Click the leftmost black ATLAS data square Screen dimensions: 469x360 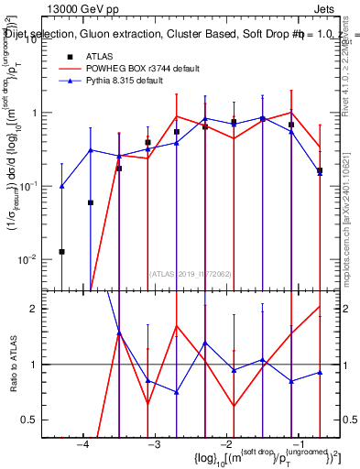tap(61, 251)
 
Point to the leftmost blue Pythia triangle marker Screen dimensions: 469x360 tap(61, 186)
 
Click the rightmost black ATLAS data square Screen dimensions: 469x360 tap(320, 170)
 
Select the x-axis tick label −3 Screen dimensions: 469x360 tap(153, 445)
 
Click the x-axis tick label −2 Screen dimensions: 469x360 tap(224, 445)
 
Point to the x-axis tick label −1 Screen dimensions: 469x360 tap(296, 445)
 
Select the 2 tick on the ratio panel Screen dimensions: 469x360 tap(38, 309)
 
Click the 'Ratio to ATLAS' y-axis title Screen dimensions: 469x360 tap(12, 364)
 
